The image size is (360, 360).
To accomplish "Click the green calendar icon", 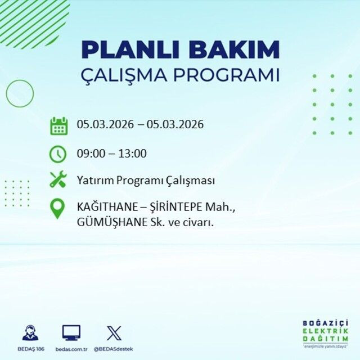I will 58,125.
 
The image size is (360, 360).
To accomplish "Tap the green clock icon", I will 58,153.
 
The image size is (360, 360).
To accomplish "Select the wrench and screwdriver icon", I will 58,180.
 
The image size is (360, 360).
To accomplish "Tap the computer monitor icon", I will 71,332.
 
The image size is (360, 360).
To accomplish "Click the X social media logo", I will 114,332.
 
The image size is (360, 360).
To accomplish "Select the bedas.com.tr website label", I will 71,349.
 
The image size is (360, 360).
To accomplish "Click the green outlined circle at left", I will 20,93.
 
